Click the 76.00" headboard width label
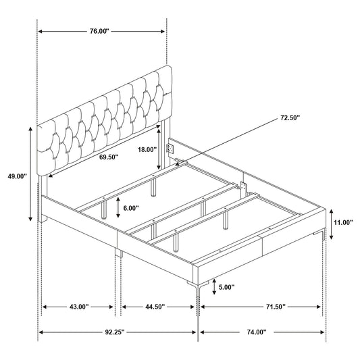(x=99, y=31)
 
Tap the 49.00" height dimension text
(x=17, y=176)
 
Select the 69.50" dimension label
(x=109, y=157)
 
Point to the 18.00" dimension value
(x=147, y=150)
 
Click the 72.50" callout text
(x=290, y=118)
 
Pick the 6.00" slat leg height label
(x=131, y=208)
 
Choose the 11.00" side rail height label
(x=343, y=222)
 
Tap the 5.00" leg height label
(x=226, y=287)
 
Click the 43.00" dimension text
(x=79, y=307)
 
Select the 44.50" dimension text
(x=155, y=307)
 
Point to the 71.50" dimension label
(x=276, y=307)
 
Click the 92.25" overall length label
(x=115, y=332)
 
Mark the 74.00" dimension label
(x=257, y=332)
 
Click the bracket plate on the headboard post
(x=170, y=149)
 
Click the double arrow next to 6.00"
(x=118, y=207)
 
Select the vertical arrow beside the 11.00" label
(x=332, y=224)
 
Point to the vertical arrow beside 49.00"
(x=30, y=174)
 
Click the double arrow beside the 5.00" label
(x=214, y=287)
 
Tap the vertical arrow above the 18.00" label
(x=159, y=149)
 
